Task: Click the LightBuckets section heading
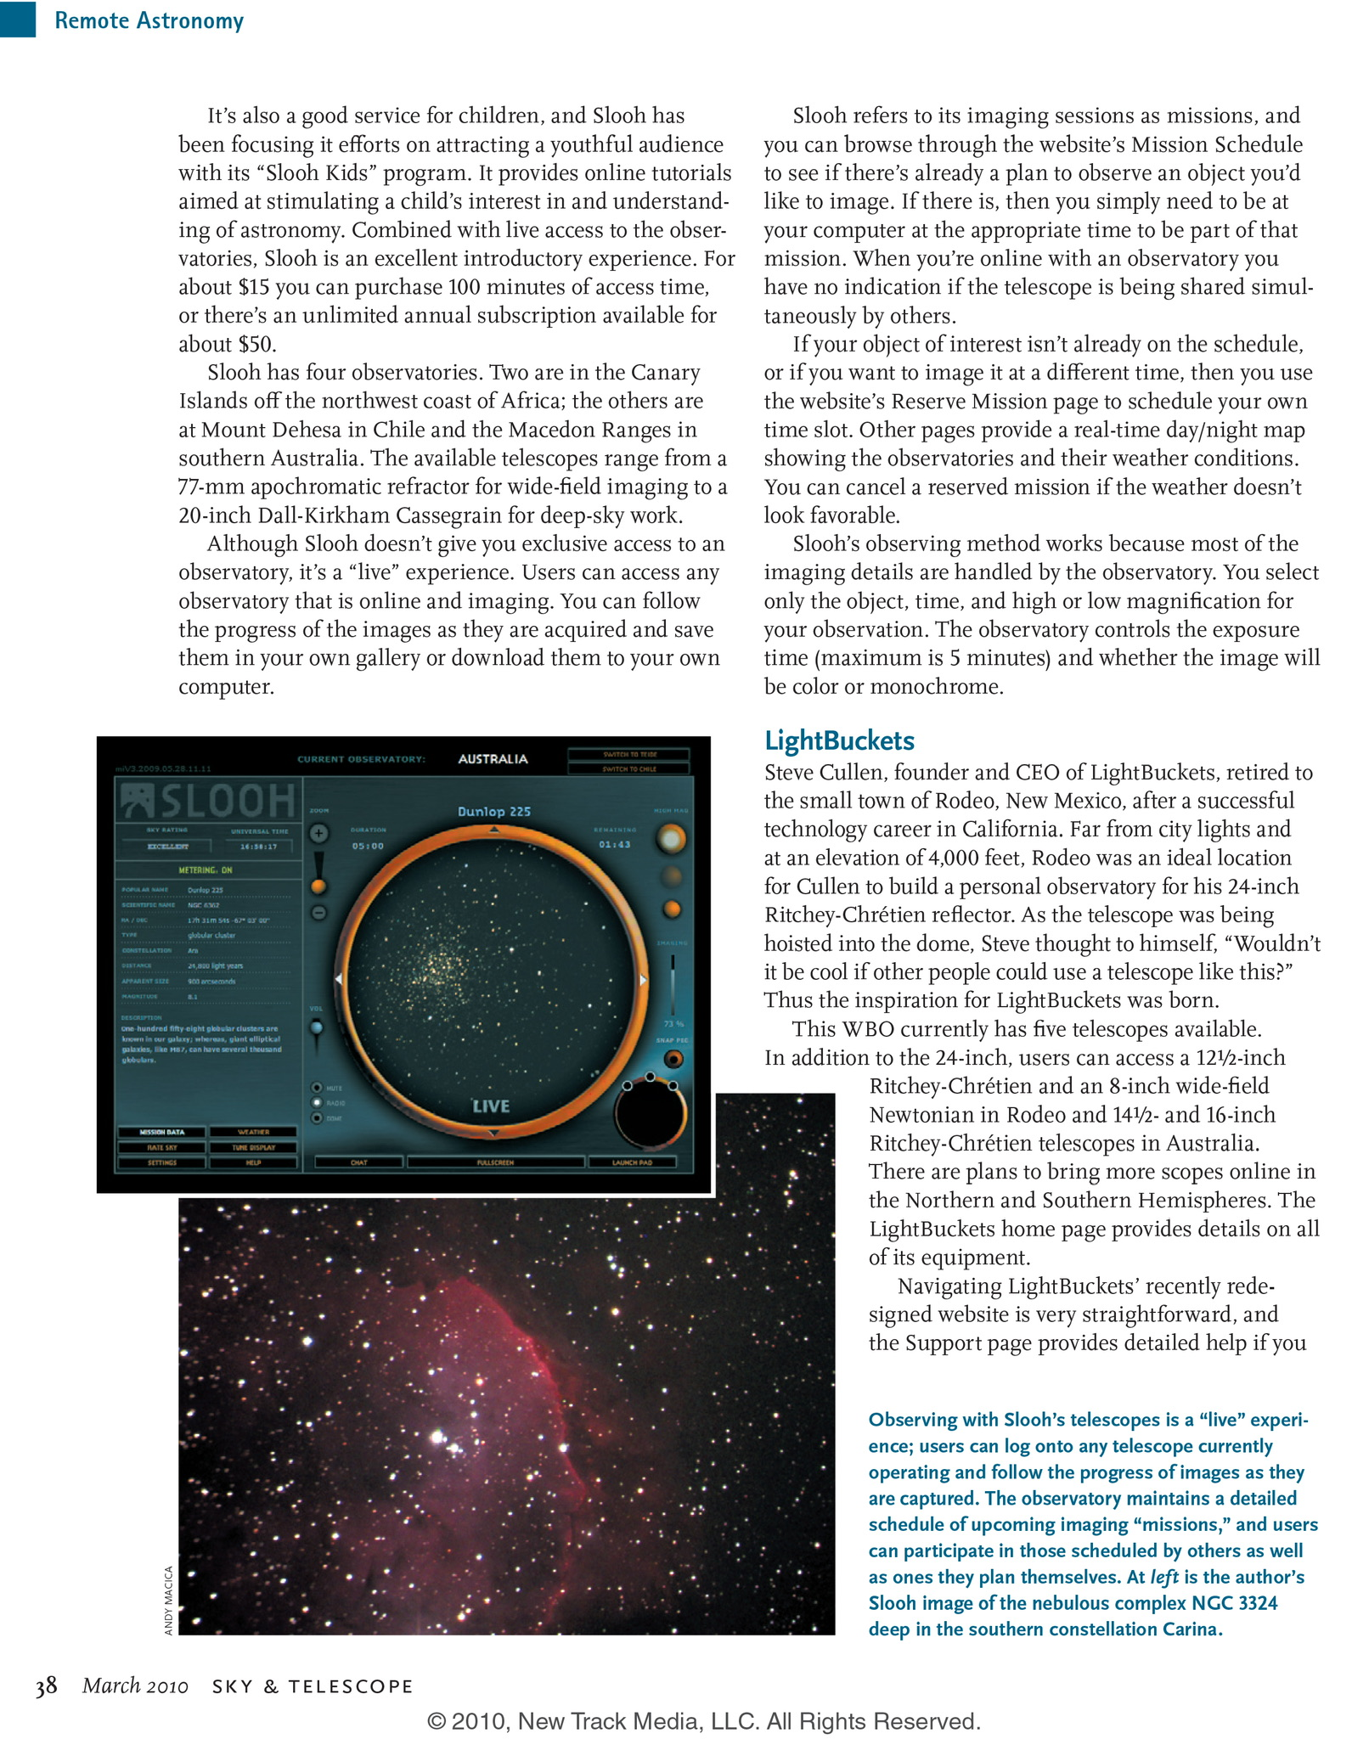tap(839, 740)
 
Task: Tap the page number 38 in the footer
tap(46, 1686)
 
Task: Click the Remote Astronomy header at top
tap(149, 20)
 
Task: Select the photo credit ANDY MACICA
tap(168, 1600)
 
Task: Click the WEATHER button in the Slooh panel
tap(253, 1132)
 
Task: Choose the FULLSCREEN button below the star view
tap(495, 1162)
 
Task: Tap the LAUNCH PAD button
tap(632, 1162)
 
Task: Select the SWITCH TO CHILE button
tap(630, 768)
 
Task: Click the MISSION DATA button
tap(161, 1132)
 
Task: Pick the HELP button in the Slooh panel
tap(253, 1162)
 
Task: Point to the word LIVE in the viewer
tap(491, 1106)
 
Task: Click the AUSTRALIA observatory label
tap(493, 759)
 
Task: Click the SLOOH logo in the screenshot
tap(209, 801)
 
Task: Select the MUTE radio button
tap(317, 1088)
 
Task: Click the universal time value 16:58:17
tap(258, 847)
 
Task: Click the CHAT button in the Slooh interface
tap(358, 1162)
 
